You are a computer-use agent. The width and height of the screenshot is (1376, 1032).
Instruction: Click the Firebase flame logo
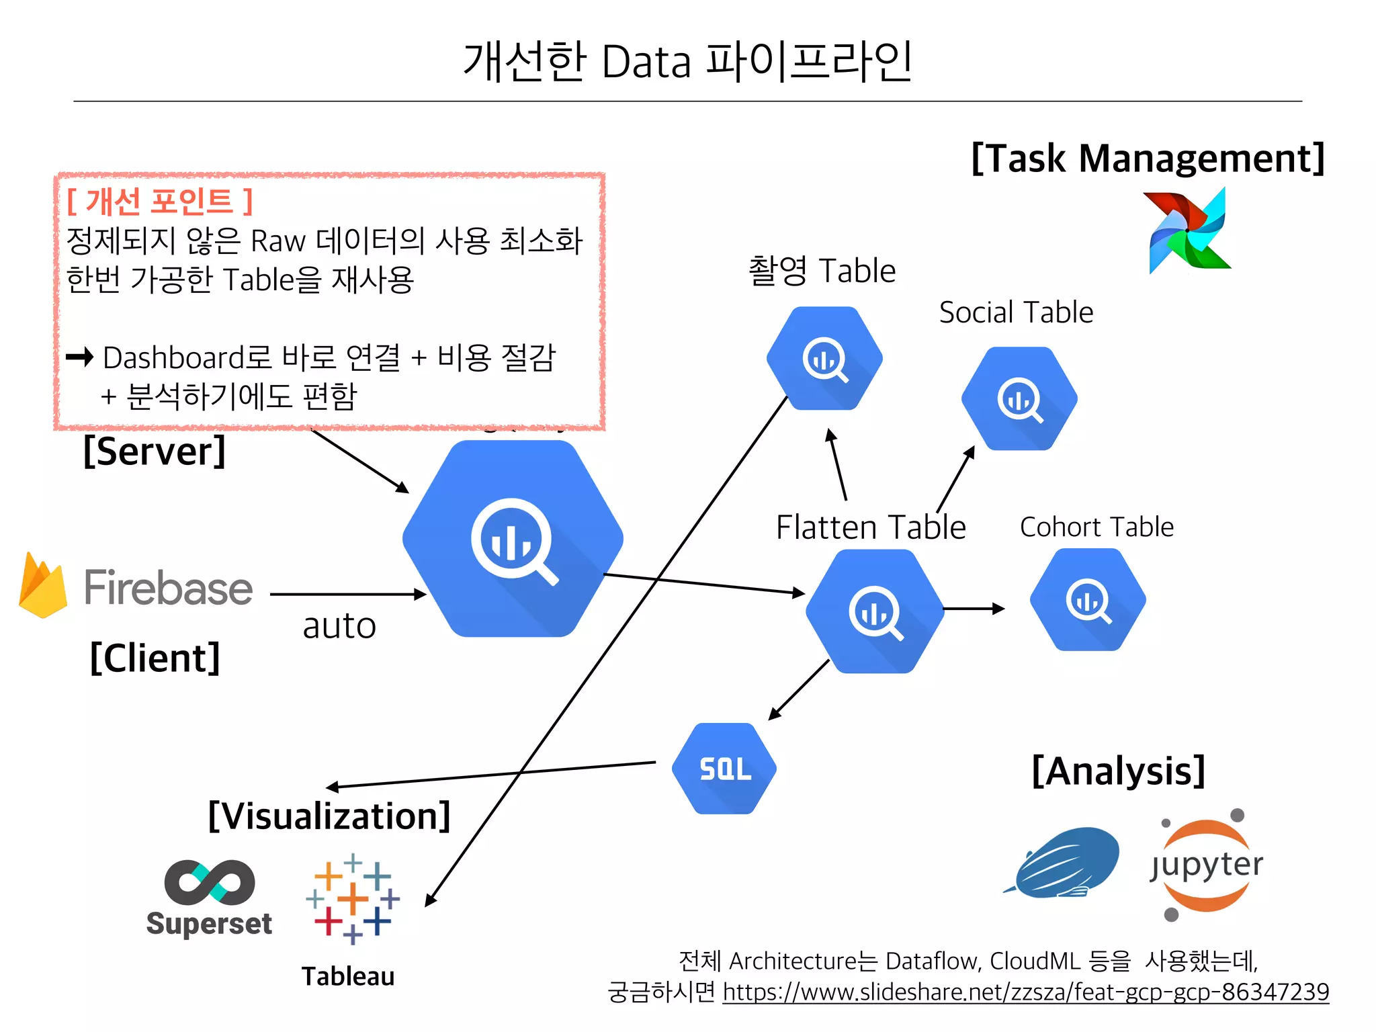pos(42,586)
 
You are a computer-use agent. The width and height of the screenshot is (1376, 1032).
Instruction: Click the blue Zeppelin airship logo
pos(1065,863)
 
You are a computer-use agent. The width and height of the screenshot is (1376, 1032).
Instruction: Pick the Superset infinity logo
pos(209,882)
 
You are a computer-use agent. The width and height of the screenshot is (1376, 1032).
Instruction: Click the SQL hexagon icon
pos(724,769)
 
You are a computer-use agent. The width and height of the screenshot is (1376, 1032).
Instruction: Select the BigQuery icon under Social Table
pos(1019,398)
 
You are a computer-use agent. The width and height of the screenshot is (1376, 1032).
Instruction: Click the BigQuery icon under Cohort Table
pos(1088,600)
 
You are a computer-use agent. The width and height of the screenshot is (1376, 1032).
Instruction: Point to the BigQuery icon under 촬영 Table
pos(824,359)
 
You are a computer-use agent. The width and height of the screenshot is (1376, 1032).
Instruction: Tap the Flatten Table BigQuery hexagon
pos(874,611)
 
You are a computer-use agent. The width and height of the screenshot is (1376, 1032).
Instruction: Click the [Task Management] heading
pos(1148,159)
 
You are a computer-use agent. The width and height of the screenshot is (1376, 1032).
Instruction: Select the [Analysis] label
pos(1118,771)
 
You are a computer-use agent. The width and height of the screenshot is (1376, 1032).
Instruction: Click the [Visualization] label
pos(329,816)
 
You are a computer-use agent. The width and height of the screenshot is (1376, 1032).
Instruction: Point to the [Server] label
pos(155,451)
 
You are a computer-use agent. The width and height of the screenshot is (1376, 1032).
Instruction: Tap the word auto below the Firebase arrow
pos(339,626)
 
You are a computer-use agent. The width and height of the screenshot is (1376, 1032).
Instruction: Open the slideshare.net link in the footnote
pos(1025,992)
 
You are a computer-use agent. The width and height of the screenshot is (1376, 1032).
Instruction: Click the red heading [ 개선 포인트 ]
pos(160,201)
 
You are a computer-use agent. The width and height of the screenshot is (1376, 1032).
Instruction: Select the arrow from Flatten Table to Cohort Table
pos(974,609)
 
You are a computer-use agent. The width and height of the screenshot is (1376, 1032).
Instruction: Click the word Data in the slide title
pos(646,62)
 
